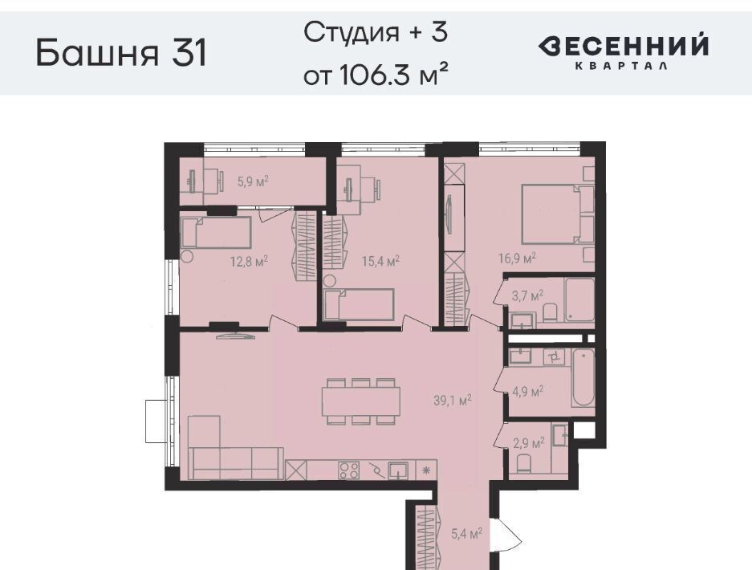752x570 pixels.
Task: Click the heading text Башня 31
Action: coord(121,53)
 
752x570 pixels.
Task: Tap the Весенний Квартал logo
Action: coord(623,51)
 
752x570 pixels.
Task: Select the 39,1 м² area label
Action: coord(453,400)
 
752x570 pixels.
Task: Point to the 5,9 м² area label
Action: coord(253,181)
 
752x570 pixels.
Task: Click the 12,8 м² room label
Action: coord(249,262)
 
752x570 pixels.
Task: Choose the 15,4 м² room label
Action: coord(380,262)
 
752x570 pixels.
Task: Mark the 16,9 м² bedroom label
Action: coord(517,259)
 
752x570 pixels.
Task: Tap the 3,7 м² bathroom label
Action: coord(527,295)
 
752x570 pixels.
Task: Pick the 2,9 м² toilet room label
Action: coord(529,442)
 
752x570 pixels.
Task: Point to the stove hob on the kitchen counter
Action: coord(349,470)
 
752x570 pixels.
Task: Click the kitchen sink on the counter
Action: coord(398,470)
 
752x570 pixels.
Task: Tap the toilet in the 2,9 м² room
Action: coord(524,463)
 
